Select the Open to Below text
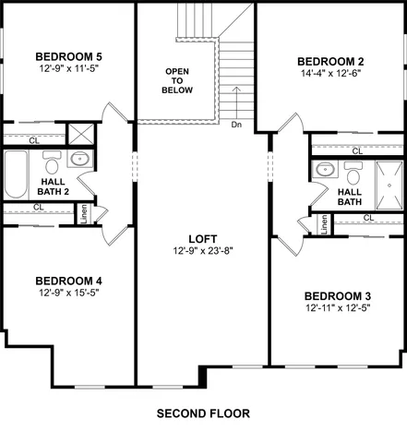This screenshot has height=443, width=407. point(179,81)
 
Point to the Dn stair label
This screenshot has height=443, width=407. point(237,125)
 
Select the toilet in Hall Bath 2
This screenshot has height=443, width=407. point(52,163)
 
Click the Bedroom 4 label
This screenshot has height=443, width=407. point(68,281)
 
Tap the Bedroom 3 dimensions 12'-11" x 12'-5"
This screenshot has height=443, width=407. point(338,309)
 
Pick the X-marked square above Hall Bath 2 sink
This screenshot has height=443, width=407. point(79,132)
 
